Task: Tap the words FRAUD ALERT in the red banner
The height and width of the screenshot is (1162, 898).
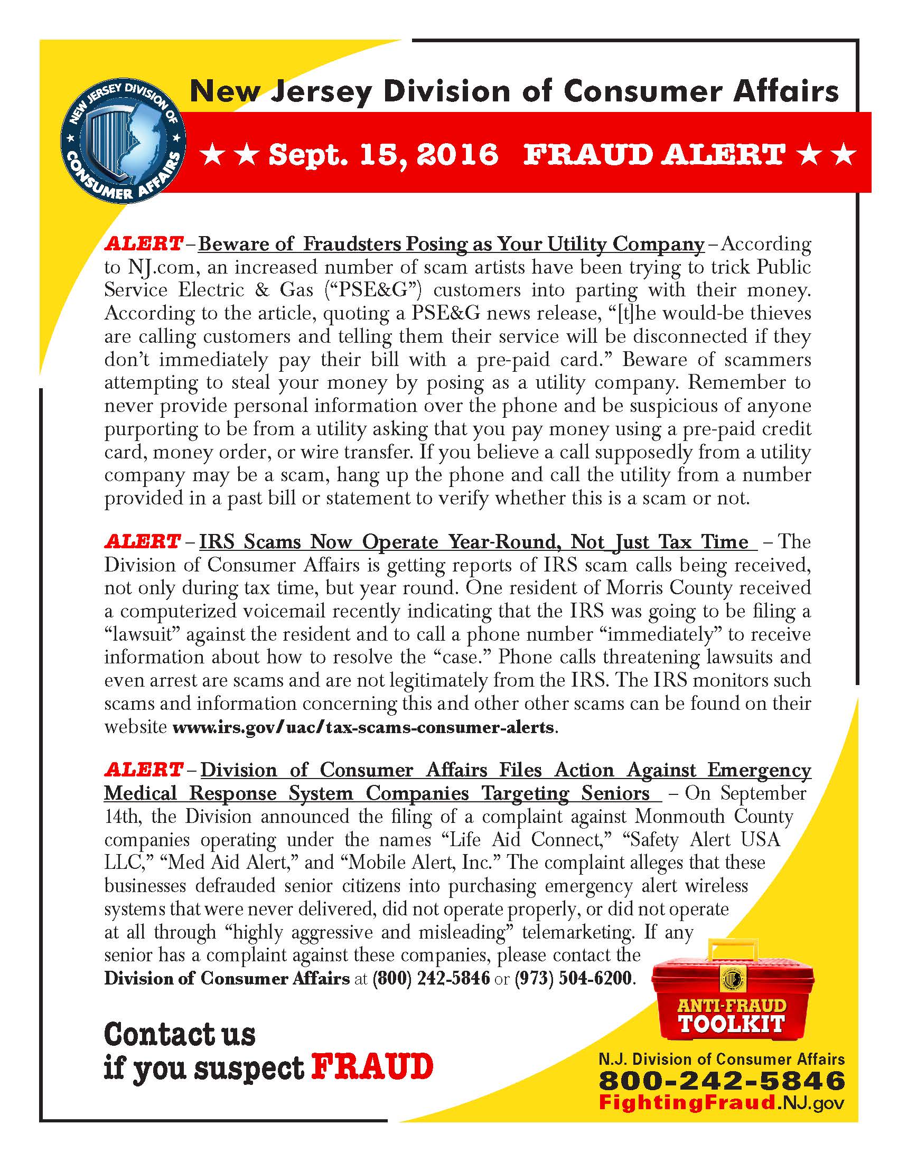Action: point(654,155)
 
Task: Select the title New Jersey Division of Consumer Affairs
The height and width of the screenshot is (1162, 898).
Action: point(515,91)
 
